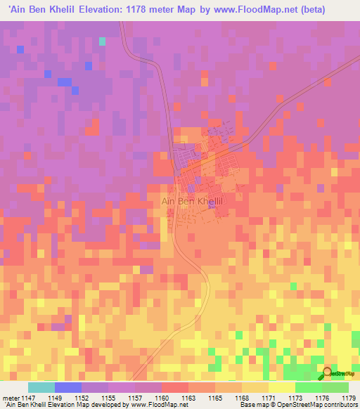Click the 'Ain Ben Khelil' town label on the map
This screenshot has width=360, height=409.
192,201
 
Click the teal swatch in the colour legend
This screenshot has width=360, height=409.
41,387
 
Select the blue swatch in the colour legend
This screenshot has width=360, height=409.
68,387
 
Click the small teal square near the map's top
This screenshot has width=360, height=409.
102,41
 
